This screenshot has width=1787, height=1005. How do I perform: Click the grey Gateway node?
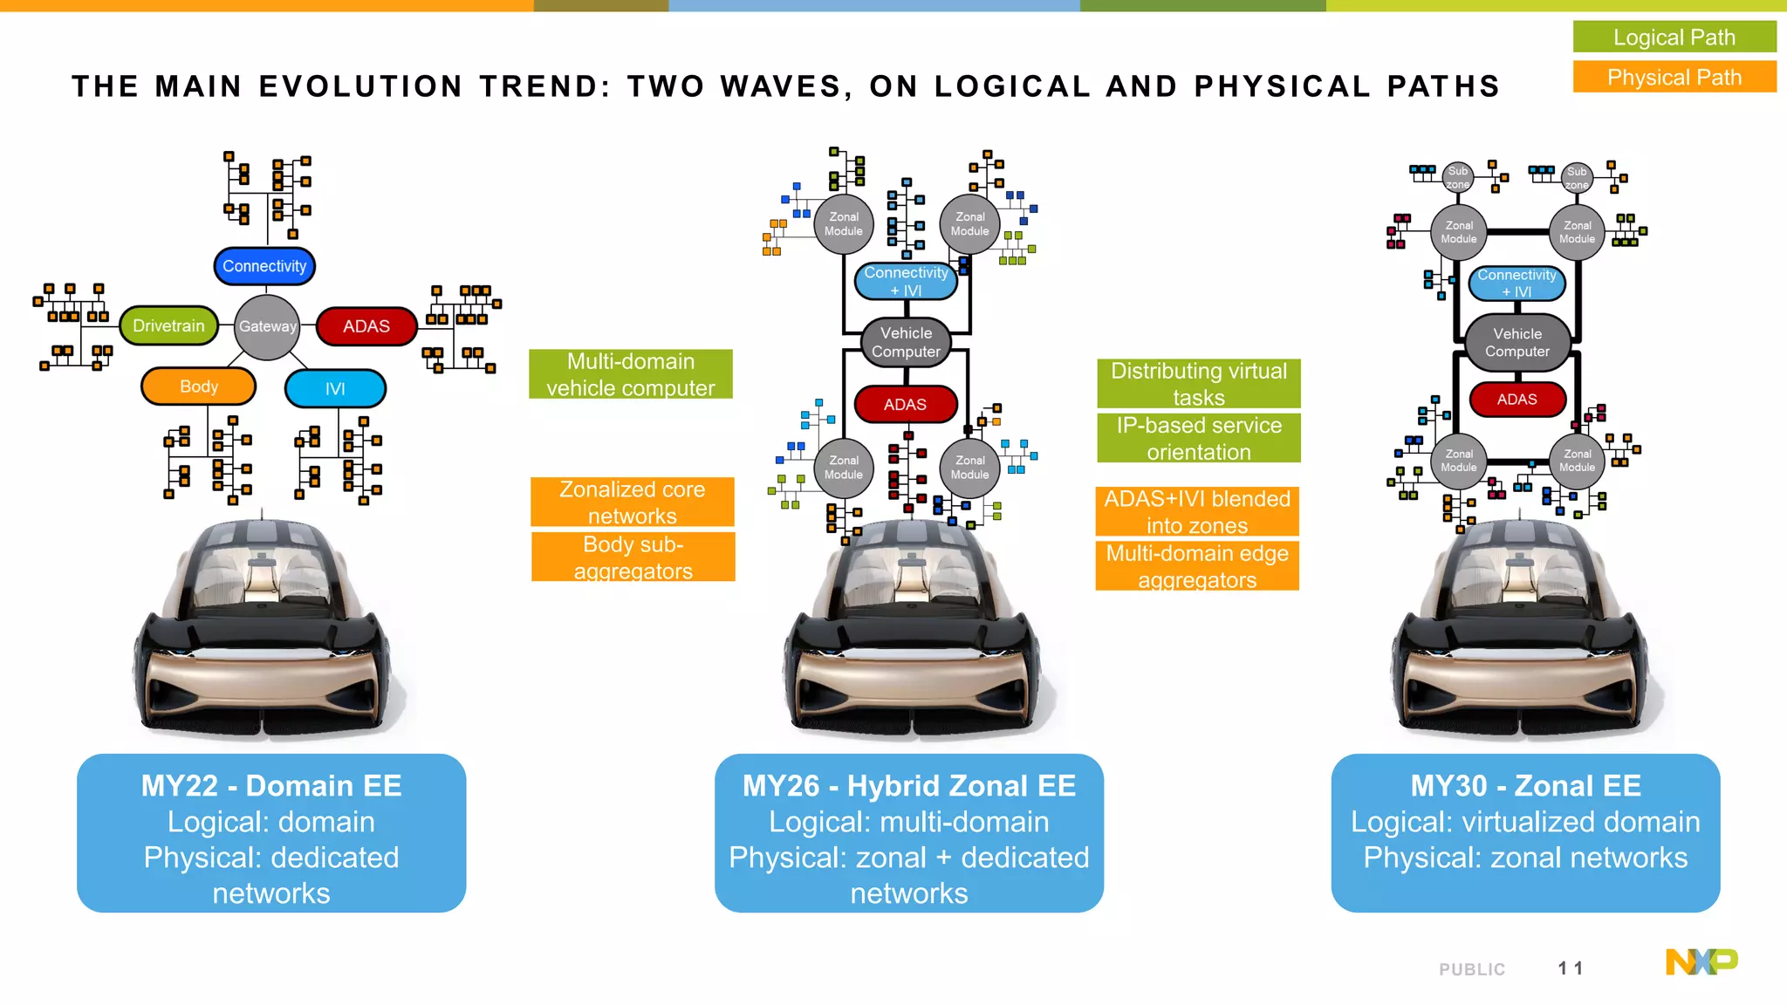(x=267, y=326)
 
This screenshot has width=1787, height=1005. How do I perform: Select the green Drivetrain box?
(x=168, y=326)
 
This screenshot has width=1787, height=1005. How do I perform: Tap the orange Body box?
(x=199, y=386)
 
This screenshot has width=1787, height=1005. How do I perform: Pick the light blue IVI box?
(x=335, y=388)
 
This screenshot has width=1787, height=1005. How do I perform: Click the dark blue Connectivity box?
(x=264, y=266)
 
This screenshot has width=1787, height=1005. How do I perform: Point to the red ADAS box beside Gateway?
(x=366, y=326)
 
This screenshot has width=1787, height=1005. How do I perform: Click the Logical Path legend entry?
(x=1674, y=38)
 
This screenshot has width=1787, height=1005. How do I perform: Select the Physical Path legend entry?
(x=1674, y=77)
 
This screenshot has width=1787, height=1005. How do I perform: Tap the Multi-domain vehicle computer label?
(x=630, y=374)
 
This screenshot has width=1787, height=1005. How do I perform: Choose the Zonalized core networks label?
(x=632, y=502)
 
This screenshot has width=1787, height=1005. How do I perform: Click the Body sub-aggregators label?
(x=633, y=557)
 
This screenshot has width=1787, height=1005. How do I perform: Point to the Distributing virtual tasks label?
(x=1198, y=384)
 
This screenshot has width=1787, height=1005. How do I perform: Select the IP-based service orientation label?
(x=1198, y=438)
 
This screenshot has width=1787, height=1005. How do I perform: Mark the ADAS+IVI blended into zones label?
(x=1196, y=511)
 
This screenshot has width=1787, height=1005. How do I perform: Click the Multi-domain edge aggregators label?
(x=1196, y=566)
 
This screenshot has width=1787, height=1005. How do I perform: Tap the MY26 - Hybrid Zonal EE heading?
(x=908, y=786)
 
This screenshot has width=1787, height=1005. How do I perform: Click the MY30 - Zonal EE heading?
(x=1525, y=786)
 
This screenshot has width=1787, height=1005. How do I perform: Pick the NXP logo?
(x=1701, y=961)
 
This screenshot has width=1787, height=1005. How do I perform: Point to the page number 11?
(x=1570, y=968)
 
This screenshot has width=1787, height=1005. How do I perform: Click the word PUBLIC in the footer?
(x=1472, y=969)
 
